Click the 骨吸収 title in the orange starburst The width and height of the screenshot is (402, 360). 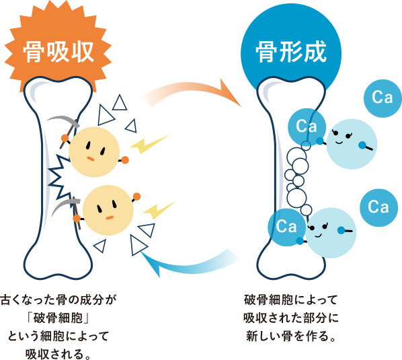click(x=58, y=52)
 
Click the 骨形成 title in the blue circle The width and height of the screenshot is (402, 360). click(x=291, y=52)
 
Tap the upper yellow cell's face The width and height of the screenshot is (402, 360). click(x=94, y=152)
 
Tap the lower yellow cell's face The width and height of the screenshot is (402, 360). click(x=108, y=210)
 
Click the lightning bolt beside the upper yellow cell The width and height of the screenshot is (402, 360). click(x=149, y=144)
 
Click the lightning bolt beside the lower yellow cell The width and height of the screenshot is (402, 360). click(x=159, y=210)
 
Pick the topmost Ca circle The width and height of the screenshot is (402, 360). click(x=383, y=98)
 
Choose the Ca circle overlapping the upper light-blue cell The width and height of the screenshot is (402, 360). click(x=307, y=127)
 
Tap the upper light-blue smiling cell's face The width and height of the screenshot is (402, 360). click(x=352, y=144)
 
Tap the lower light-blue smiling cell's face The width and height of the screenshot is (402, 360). click(x=331, y=233)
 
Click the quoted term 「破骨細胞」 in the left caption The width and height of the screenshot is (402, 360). click(x=58, y=318)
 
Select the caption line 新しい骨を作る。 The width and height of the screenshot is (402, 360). click(x=291, y=336)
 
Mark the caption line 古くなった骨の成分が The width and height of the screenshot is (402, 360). click(x=58, y=300)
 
